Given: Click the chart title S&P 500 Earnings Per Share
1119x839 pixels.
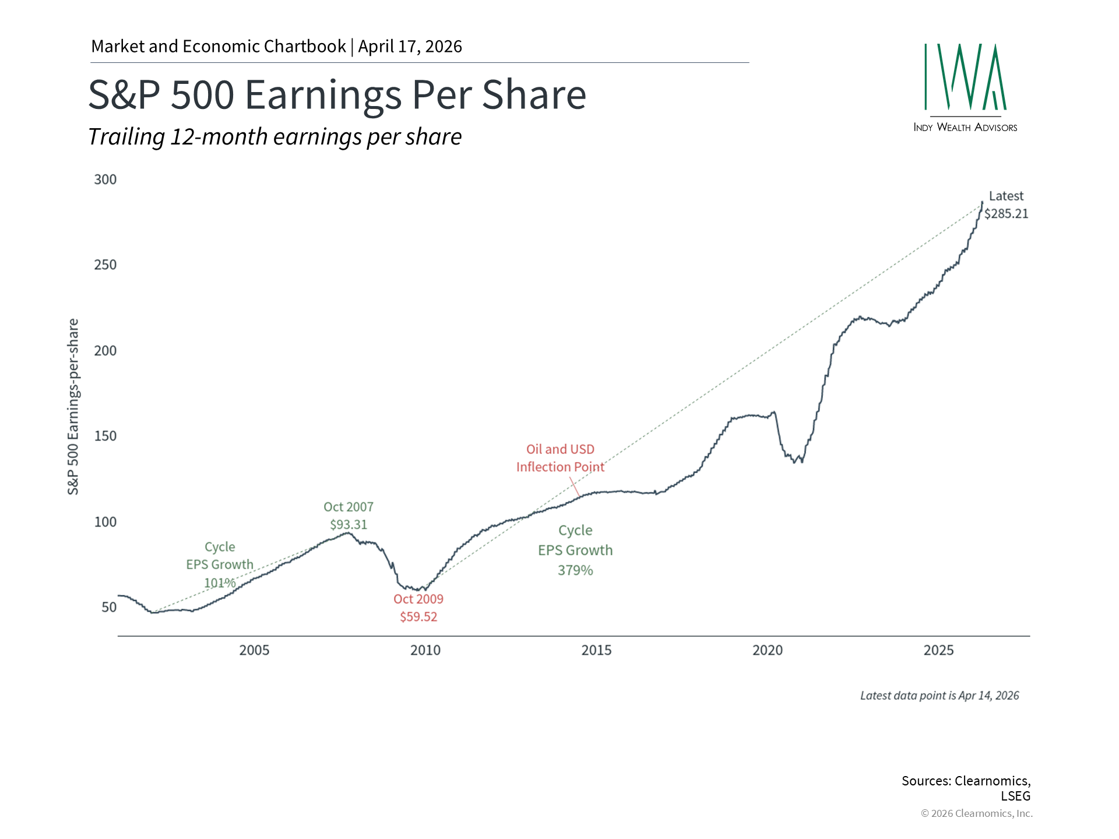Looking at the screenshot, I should (x=337, y=94).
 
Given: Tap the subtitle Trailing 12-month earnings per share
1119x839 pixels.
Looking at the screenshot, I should (x=275, y=137).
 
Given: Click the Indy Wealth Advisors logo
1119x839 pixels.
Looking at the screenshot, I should (x=965, y=87).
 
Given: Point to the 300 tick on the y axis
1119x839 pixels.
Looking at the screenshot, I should (x=105, y=179).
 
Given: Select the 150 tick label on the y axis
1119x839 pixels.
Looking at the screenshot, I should (x=105, y=436).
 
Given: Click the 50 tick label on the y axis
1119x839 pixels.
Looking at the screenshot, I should (x=109, y=607).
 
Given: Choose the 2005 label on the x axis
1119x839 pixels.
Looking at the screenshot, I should (x=254, y=650).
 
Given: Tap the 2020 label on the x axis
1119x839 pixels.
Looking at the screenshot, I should (x=768, y=650).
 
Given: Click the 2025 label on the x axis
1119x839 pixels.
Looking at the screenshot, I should (x=938, y=650).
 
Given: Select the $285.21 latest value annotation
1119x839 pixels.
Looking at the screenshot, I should (x=1007, y=214).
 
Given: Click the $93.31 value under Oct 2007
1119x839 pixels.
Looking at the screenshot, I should (x=349, y=524).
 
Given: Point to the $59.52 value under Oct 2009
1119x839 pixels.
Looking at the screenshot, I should (x=418, y=616).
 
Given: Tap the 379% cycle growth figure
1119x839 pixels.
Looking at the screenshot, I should (x=575, y=570).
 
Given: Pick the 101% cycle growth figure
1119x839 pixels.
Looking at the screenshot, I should (x=220, y=583).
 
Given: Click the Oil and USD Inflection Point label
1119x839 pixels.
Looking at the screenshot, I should (x=560, y=458).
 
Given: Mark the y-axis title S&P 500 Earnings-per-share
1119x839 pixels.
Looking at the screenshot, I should (x=73, y=407).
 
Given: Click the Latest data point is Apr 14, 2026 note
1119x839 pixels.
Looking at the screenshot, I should (x=939, y=696).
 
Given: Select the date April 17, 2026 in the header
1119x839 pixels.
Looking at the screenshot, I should (x=410, y=47).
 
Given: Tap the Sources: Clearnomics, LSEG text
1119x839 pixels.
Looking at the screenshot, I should (x=966, y=788).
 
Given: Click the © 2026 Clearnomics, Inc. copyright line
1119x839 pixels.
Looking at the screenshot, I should (x=976, y=813).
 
